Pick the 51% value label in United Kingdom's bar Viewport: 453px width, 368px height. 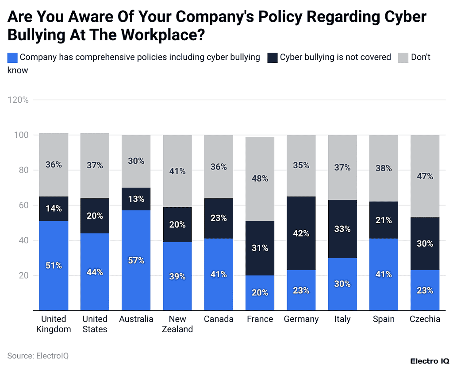54,266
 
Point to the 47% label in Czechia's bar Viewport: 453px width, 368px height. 425,176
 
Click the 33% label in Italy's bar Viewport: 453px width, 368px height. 342,229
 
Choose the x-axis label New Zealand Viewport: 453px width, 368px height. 177,324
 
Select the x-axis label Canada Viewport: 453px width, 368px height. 219,319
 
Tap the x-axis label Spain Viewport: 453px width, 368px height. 384,319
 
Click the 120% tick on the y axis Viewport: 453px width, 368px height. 18,100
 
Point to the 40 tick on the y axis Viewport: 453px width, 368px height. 23,240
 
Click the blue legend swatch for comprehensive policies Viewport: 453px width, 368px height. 13,58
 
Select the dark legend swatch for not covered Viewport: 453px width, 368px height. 273,58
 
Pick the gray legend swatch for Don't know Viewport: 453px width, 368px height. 403,58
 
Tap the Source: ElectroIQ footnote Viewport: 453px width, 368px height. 38,356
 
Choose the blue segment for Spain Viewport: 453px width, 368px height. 384,275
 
